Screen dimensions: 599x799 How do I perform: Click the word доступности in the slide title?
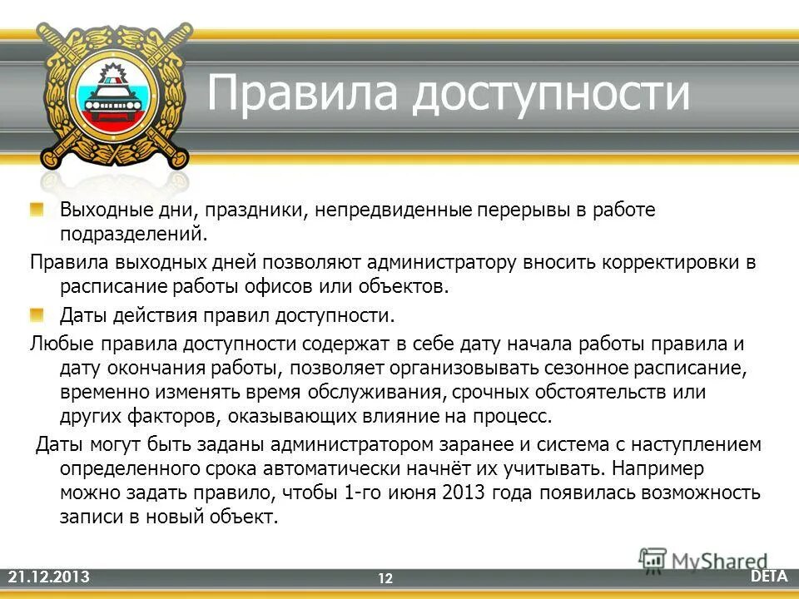[x=552, y=93]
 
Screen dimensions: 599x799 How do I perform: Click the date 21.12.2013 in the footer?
[x=47, y=577]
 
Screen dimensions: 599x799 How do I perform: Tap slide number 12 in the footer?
[x=385, y=578]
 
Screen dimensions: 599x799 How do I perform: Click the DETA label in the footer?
[x=769, y=576]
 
